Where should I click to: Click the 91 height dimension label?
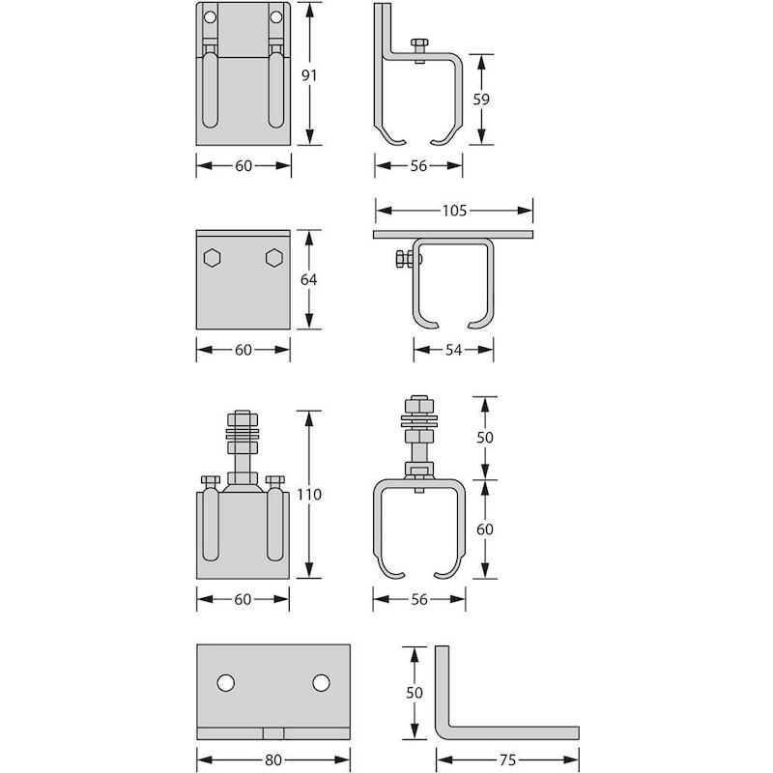(309, 75)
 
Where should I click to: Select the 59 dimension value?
(481, 100)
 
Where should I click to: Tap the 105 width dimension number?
(454, 211)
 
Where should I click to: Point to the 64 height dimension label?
(308, 279)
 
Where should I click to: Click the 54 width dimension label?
(453, 350)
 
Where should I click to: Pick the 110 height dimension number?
(309, 495)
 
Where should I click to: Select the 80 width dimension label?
(272, 760)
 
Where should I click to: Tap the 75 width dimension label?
(507, 760)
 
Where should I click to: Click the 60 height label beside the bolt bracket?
(485, 529)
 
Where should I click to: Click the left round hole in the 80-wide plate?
(226, 683)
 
